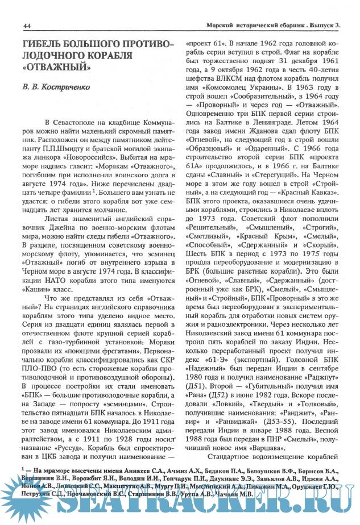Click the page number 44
pos(27,26)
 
